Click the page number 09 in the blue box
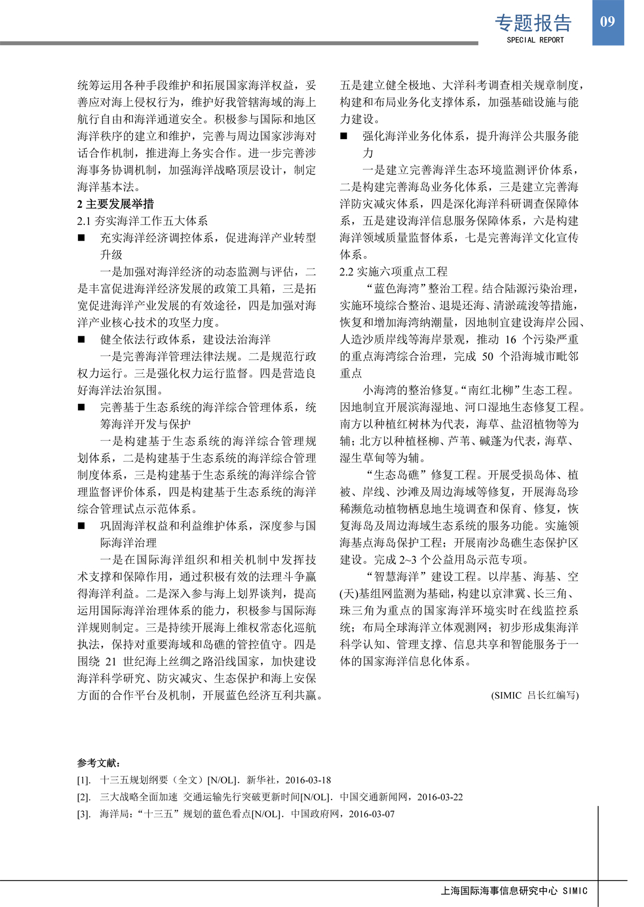coord(608,21)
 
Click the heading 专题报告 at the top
coord(533,23)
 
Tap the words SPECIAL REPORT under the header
coord(535,40)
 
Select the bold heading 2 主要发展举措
coord(115,204)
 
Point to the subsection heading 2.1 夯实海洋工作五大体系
coord(142,221)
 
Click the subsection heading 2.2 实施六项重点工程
coord(393,272)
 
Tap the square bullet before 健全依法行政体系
coord(81,339)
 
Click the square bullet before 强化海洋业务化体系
coord(343,136)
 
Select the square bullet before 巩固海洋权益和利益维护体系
coord(81,526)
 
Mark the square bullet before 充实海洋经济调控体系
coord(81,238)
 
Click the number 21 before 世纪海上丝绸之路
coord(111,662)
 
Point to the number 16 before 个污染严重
coord(510,339)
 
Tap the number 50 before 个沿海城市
coord(487,357)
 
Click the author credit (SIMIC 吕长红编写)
coord(535,695)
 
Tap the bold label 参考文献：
coord(99,763)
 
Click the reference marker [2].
coord(83,797)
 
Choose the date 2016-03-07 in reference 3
coord(371,814)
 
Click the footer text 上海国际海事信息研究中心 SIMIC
coord(514,891)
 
